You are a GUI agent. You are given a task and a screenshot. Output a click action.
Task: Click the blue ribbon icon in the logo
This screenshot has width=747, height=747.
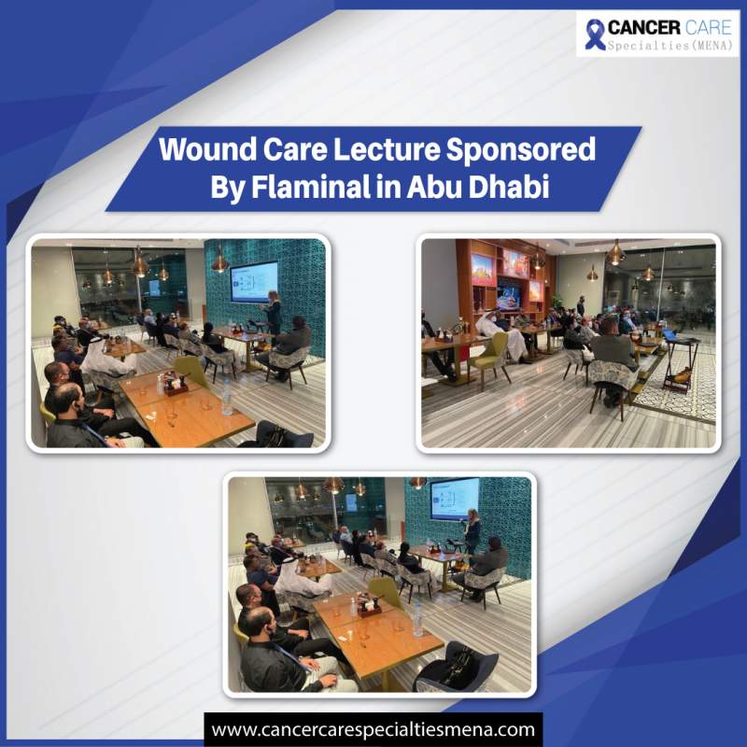595,34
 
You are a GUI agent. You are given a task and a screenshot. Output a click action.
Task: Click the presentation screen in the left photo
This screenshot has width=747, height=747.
253,281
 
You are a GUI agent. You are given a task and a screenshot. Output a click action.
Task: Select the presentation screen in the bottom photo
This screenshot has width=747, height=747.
453,499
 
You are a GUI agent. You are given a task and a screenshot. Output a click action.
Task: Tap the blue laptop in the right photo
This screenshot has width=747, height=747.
670,334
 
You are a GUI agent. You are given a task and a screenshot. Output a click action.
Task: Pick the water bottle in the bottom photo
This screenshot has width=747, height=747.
417,619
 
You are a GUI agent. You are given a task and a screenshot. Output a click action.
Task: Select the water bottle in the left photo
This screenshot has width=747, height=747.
225,397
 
